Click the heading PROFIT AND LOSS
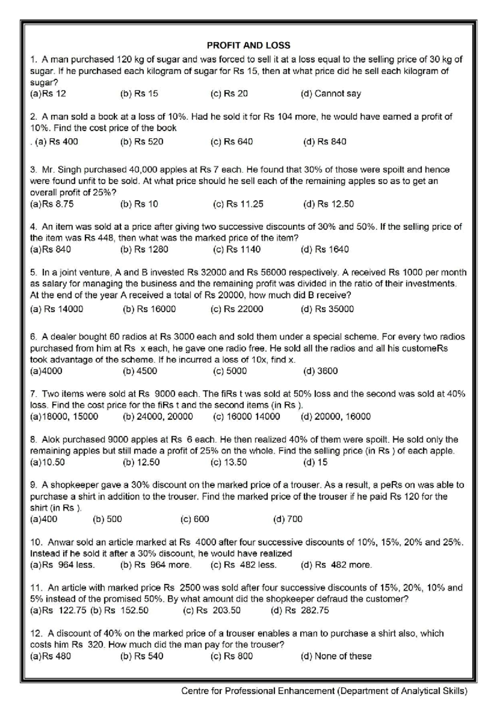(x=248, y=46)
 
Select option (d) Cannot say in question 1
(x=331, y=94)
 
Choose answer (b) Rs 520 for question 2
(x=142, y=142)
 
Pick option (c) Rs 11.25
(x=238, y=204)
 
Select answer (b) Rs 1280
(x=144, y=249)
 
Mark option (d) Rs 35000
(x=327, y=309)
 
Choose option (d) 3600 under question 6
(x=320, y=371)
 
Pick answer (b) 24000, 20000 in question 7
(x=158, y=417)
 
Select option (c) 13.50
(x=228, y=462)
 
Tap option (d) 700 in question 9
(x=288, y=519)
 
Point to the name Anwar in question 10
(x=61, y=542)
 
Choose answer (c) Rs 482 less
(x=244, y=565)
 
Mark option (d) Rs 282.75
(x=300, y=610)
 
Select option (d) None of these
(x=336, y=656)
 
